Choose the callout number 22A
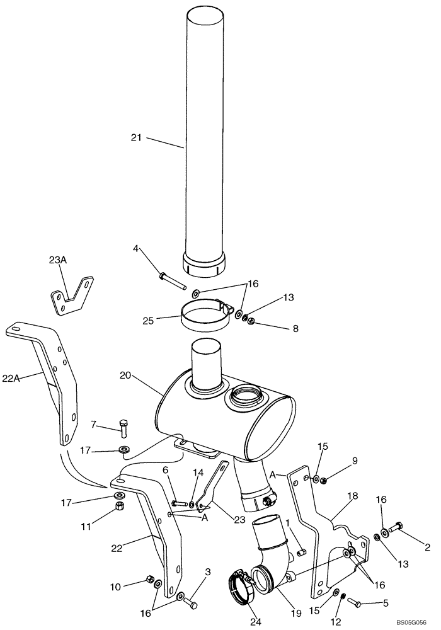[11, 378]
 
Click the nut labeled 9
[322, 481]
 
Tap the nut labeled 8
[251, 323]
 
